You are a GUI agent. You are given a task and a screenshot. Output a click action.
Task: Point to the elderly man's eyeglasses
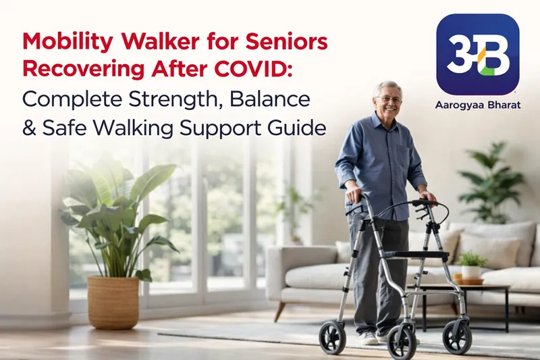pos(390,99)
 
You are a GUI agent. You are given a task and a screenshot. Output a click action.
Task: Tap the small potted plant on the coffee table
pos(472,264)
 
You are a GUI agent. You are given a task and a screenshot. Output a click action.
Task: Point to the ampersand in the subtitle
pos(30,127)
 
